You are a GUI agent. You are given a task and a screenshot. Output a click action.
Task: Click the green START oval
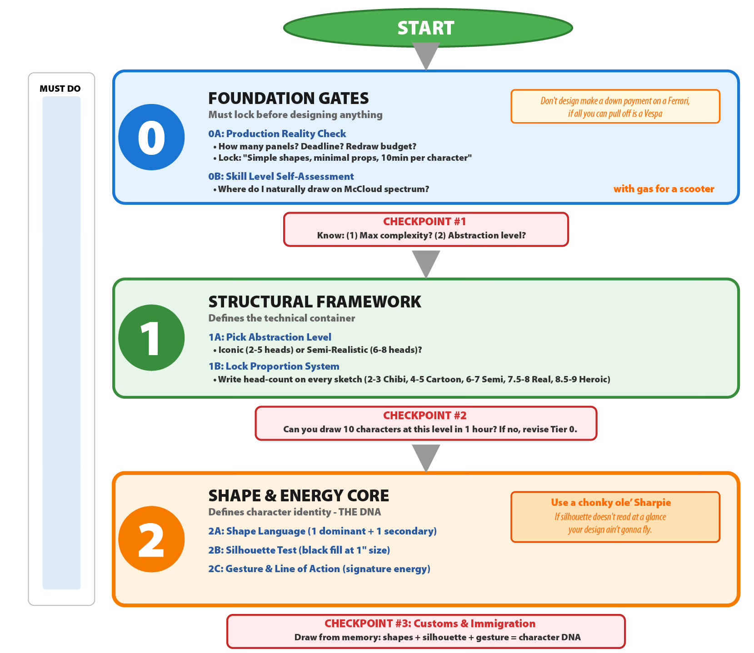(427, 28)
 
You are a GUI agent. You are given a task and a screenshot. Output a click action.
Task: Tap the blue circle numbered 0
(151, 137)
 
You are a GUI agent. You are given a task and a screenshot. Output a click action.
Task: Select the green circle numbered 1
(151, 338)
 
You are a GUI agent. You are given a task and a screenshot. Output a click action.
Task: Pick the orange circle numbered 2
(151, 539)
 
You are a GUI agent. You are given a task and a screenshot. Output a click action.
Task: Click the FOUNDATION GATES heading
(288, 98)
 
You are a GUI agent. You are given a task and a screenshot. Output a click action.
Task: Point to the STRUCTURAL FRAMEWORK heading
(315, 302)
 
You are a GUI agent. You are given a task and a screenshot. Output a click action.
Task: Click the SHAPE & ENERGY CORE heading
(299, 495)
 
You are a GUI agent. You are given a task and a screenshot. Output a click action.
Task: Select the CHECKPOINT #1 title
(424, 222)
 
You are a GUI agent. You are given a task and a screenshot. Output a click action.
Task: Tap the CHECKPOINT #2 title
(424, 416)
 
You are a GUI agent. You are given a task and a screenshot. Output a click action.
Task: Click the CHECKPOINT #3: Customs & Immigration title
(429, 623)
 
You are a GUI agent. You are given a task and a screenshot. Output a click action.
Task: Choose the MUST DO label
(60, 89)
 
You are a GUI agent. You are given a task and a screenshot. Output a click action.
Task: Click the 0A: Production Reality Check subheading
(277, 134)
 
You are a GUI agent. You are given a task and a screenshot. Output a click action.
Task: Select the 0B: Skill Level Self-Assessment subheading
(281, 177)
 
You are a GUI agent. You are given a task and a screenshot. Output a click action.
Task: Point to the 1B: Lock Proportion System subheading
(274, 366)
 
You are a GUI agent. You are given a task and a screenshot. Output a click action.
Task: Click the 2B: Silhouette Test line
(299, 550)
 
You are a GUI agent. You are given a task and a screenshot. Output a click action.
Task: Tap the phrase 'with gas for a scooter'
(664, 189)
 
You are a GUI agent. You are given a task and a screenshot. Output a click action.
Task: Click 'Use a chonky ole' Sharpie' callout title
(611, 503)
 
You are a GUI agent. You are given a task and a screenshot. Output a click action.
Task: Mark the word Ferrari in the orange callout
(678, 101)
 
